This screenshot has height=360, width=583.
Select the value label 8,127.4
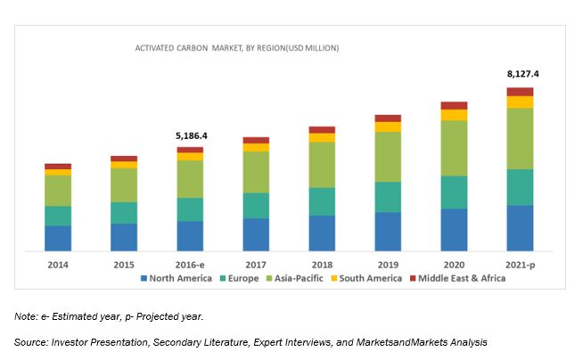click(x=520, y=75)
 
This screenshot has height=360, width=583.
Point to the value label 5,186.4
click(x=190, y=136)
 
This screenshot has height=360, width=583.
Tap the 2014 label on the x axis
click(x=58, y=265)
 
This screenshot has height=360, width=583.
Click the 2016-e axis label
click(x=190, y=265)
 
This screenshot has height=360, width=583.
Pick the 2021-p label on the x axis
click(x=520, y=265)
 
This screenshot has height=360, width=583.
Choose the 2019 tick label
click(x=388, y=265)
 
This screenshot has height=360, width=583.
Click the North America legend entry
click(x=178, y=278)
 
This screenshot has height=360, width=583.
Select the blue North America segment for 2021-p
click(x=520, y=228)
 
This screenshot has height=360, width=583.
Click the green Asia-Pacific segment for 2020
click(x=454, y=148)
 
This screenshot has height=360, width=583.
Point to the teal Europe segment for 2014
click(x=58, y=216)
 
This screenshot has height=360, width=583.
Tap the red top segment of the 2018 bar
click(x=322, y=130)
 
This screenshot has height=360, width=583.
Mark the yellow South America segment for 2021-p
click(x=520, y=102)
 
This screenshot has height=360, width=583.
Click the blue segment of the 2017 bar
click(x=256, y=234)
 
